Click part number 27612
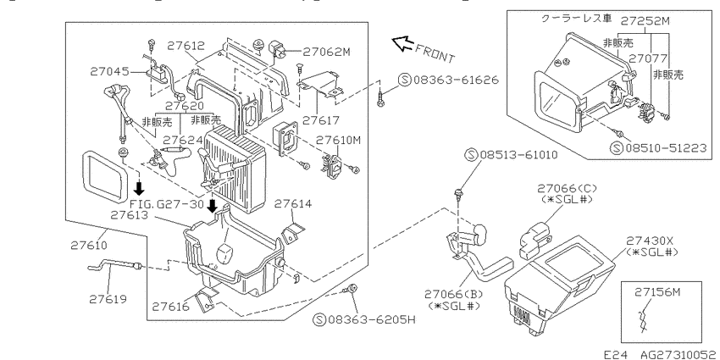[x=186, y=46]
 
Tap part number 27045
[x=108, y=71]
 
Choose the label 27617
[x=320, y=120]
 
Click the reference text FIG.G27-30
[x=166, y=204]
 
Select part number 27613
[x=129, y=215]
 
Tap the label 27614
[x=293, y=203]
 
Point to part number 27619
[x=108, y=299]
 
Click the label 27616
[x=170, y=307]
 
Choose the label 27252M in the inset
[x=645, y=20]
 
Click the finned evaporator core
[x=234, y=166]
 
